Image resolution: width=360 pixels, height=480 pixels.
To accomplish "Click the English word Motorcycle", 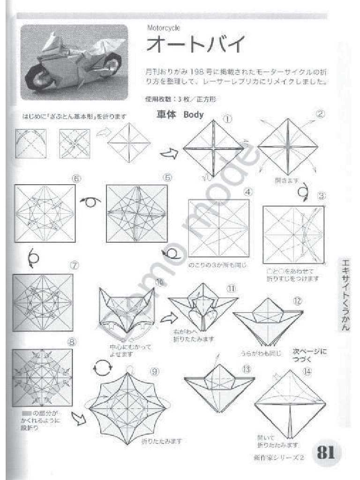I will coord(164,28).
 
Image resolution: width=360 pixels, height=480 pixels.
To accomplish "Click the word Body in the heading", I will coord(194,114).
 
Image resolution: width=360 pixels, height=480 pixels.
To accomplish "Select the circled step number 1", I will coord(227,120).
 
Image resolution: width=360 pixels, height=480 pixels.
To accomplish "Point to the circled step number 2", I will coord(320,114).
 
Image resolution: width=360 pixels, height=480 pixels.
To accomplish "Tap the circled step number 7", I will coord(75,264).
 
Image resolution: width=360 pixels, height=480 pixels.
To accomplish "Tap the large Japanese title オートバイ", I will coord(195,45).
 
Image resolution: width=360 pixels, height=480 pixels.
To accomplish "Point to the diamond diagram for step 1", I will coord(213,148).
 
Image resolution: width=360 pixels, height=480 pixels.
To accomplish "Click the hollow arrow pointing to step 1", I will coord(169,153).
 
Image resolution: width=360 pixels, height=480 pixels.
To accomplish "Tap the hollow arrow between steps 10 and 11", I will coord(165,319).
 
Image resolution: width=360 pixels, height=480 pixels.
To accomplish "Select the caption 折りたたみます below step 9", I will coord(161,441).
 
